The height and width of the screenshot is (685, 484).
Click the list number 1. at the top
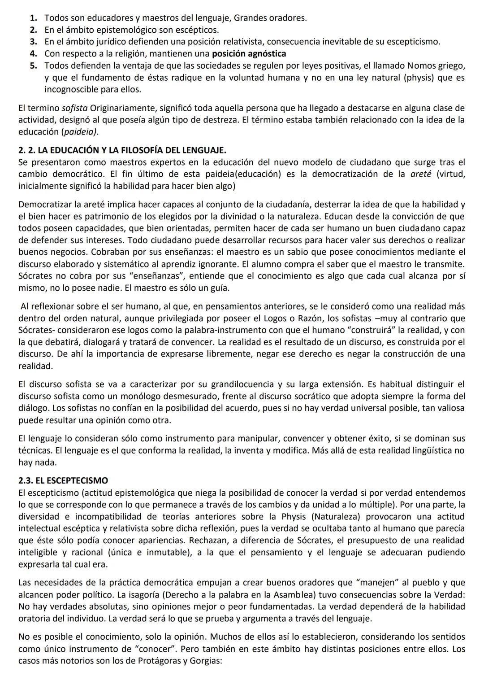[34, 18]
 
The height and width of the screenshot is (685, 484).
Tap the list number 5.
[34, 66]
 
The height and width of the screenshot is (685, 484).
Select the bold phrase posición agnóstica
[249, 54]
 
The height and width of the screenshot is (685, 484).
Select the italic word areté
[420, 174]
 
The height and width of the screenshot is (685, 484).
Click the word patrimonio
[96, 217]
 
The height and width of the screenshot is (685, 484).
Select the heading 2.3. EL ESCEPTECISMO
[63, 481]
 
